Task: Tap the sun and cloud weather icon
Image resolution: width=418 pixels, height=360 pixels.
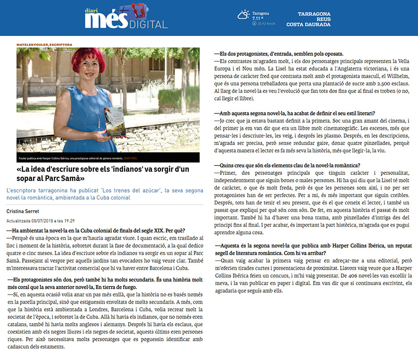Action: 244,15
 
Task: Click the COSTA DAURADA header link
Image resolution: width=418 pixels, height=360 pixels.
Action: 308,25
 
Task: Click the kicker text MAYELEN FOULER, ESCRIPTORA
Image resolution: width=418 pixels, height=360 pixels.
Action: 45,45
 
